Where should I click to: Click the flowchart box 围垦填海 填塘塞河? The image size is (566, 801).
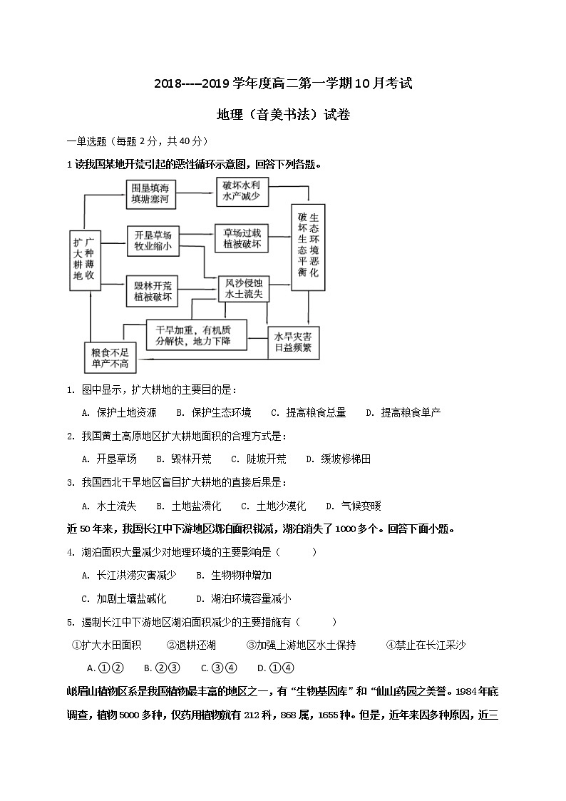150,195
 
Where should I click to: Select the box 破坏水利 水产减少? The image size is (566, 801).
241,190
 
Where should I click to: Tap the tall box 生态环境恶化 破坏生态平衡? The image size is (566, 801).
308,246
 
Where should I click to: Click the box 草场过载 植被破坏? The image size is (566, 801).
242,239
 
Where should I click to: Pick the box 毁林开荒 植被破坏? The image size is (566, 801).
152,291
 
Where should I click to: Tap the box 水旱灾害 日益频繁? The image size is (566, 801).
293,343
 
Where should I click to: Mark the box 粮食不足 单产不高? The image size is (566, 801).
110,358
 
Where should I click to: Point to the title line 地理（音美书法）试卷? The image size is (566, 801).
283,114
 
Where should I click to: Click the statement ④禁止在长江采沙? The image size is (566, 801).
426,645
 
